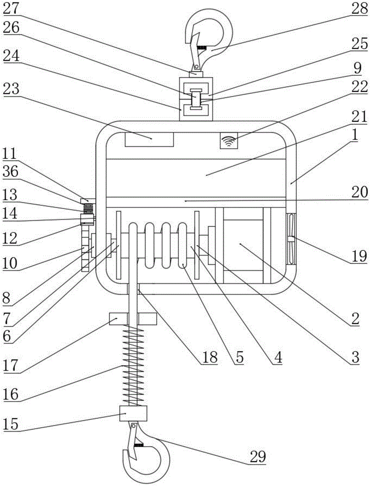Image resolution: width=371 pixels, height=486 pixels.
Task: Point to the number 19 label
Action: point(359,256)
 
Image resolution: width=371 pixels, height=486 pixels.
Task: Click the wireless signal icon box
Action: point(229,140)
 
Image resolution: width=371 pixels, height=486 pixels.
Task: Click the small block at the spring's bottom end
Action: point(133,413)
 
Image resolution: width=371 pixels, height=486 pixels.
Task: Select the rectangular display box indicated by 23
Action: point(149,139)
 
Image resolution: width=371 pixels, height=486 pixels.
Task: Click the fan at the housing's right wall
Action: point(291,239)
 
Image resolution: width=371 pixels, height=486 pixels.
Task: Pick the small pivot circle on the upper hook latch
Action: point(196,66)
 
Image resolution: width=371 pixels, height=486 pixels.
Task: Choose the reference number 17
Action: point(11,365)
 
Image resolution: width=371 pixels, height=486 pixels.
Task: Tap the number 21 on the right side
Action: point(359,117)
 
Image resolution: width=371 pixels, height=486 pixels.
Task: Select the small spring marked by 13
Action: point(89,209)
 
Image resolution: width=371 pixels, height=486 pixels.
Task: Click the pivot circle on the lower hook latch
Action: point(133,427)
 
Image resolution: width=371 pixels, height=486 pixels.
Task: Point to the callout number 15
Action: point(11,424)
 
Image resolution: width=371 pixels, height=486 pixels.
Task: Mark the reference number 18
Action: point(210,357)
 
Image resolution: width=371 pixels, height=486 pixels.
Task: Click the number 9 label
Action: point(357,68)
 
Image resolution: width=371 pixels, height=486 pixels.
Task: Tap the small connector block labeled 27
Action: point(196,74)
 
